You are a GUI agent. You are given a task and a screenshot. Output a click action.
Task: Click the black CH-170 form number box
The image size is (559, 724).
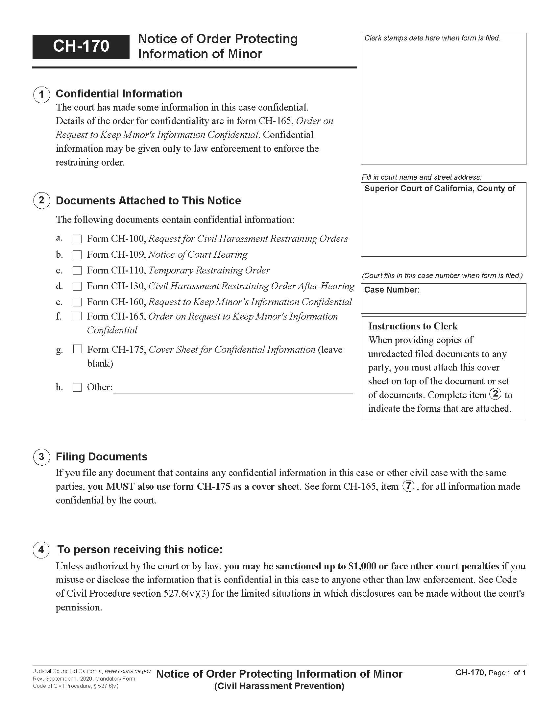(81, 46)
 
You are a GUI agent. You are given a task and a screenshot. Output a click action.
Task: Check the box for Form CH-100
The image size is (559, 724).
(77, 239)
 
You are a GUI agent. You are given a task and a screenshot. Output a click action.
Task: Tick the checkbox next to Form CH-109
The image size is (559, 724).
(77, 255)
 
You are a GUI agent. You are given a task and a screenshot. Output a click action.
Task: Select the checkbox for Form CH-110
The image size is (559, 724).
(77, 271)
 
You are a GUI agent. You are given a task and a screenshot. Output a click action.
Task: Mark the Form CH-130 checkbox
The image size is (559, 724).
(77, 286)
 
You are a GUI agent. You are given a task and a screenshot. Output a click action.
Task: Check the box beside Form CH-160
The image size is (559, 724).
(77, 302)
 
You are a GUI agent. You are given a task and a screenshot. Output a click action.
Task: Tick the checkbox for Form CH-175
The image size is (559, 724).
(77, 349)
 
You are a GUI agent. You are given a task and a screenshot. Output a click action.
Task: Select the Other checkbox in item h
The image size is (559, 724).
(77, 387)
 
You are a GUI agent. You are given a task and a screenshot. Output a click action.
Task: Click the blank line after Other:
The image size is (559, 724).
(233, 389)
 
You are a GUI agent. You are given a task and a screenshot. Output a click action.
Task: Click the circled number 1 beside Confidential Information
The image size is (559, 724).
(41, 94)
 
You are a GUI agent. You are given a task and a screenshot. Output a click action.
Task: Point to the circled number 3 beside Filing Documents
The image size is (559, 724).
(41, 457)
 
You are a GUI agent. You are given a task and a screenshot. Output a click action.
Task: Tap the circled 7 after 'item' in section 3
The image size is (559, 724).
(408, 486)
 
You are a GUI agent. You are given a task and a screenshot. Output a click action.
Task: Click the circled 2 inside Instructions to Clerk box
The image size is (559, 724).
(495, 394)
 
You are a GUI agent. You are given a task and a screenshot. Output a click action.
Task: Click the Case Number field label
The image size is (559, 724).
(391, 290)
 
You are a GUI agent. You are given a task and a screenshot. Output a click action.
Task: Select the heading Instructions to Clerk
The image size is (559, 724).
(413, 326)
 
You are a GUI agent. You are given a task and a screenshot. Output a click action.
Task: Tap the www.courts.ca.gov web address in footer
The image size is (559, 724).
(128, 671)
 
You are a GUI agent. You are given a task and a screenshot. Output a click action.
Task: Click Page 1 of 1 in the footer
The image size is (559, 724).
(507, 673)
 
